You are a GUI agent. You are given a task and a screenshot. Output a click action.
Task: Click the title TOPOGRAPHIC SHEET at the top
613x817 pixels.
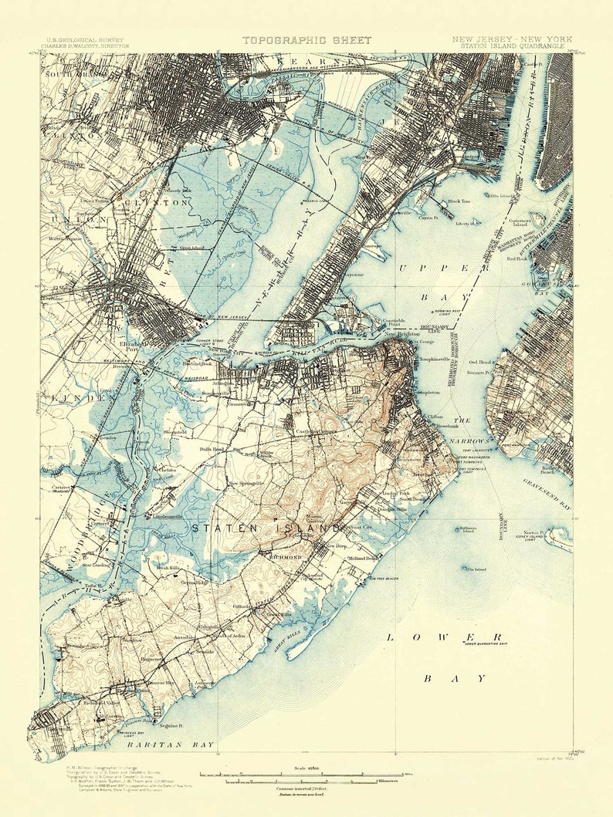[x=306, y=40]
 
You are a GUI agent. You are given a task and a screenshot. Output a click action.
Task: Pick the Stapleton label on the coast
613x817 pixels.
[x=428, y=393]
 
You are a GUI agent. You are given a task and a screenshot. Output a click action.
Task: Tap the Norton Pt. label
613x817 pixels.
[x=535, y=532]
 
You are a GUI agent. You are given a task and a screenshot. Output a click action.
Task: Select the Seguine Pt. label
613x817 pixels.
[x=171, y=726]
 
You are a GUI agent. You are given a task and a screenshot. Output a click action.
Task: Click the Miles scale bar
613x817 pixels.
[x=300, y=774]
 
